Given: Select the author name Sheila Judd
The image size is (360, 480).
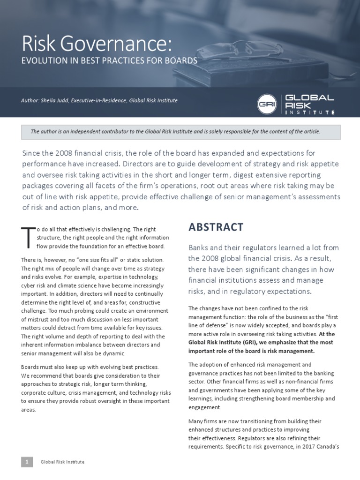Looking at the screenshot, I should (x=55, y=101).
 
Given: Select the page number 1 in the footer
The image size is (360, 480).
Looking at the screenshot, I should (x=27, y=462).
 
